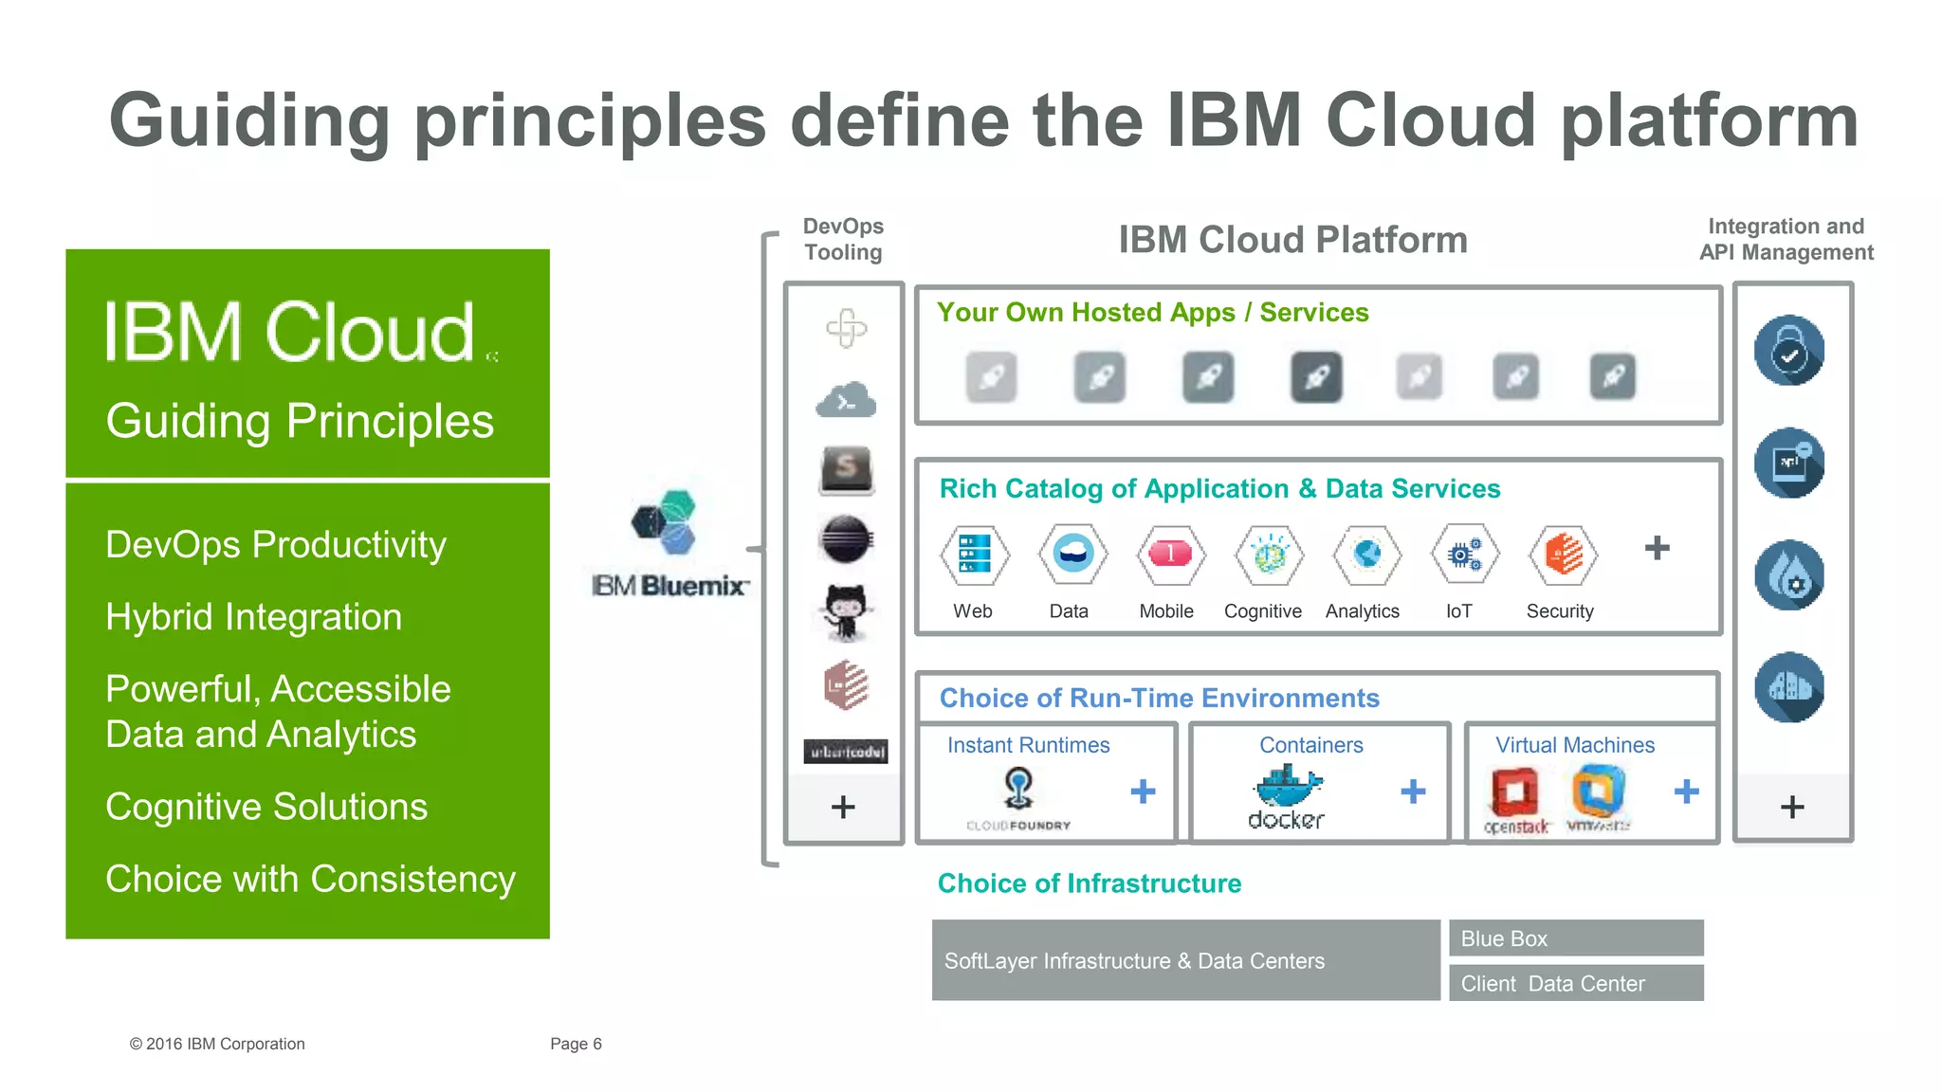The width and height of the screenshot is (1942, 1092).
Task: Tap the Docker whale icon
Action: (1287, 785)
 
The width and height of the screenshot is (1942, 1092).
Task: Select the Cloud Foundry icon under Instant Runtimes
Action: (1018, 788)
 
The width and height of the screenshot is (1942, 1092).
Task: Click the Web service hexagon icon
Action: (974, 554)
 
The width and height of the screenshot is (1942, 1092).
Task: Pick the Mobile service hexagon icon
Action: (1170, 554)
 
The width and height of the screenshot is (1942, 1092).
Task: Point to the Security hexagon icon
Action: (1562, 554)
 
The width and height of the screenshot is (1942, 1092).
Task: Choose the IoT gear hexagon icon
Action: (1464, 554)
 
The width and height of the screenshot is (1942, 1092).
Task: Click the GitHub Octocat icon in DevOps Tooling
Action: (846, 611)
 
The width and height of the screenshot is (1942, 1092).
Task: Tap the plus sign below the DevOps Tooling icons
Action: (843, 808)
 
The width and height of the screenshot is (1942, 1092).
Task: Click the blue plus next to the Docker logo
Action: (1413, 792)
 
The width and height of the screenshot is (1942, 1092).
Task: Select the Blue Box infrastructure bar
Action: (1575, 938)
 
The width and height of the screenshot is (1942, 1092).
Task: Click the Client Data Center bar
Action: (1575, 983)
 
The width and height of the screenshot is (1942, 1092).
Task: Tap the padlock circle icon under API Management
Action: (1789, 351)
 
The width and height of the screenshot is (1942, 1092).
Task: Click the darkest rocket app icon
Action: (1316, 377)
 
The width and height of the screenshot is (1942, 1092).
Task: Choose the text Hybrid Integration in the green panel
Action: (253, 617)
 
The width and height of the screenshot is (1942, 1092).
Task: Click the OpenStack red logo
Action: (1514, 792)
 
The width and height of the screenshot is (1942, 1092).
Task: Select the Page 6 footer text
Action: (576, 1044)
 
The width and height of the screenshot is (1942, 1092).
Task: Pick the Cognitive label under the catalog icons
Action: (1262, 611)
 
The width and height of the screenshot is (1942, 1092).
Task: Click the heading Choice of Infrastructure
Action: (1089, 883)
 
